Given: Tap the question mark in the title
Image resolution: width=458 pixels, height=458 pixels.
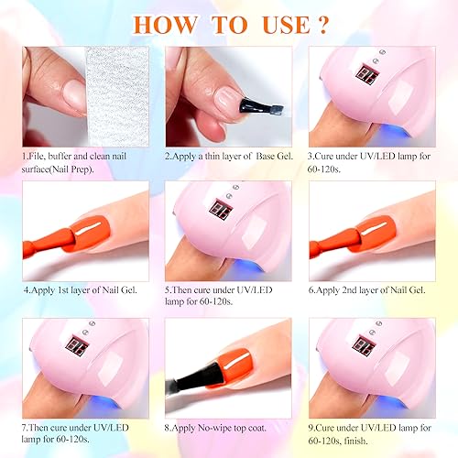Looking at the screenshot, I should [x=322, y=25].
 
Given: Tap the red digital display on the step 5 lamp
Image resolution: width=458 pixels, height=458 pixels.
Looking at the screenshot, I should [x=221, y=208].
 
